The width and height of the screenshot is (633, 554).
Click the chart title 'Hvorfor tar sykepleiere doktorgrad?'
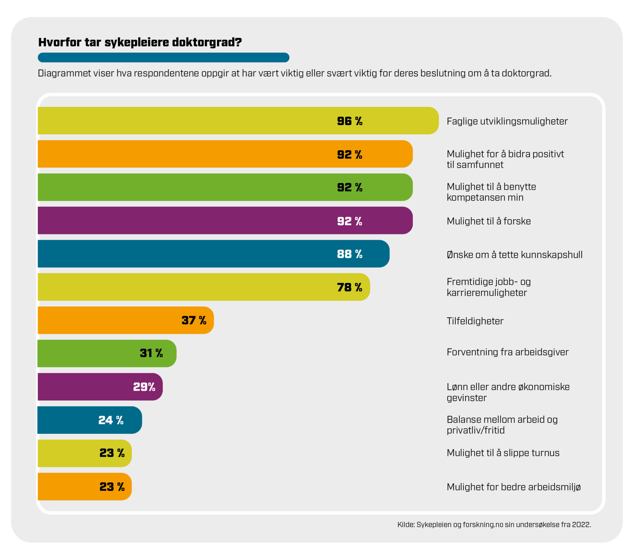[140, 42]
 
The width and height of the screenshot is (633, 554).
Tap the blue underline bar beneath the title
[163, 58]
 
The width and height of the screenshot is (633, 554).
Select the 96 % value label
[349, 121]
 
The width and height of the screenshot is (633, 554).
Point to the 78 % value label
[349, 287]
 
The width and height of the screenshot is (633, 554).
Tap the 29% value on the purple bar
[144, 387]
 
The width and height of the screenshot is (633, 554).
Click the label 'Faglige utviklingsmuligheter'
[507, 121]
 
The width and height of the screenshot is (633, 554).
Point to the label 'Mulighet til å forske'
[489, 221]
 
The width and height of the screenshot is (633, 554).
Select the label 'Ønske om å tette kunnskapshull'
[514, 255]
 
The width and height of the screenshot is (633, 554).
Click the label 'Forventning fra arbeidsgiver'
[507, 352]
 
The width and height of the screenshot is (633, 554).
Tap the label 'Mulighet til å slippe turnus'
[503, 453]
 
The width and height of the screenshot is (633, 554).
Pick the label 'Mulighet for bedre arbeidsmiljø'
[513, 487]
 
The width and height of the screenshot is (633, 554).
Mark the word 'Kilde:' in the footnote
[406, 525]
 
